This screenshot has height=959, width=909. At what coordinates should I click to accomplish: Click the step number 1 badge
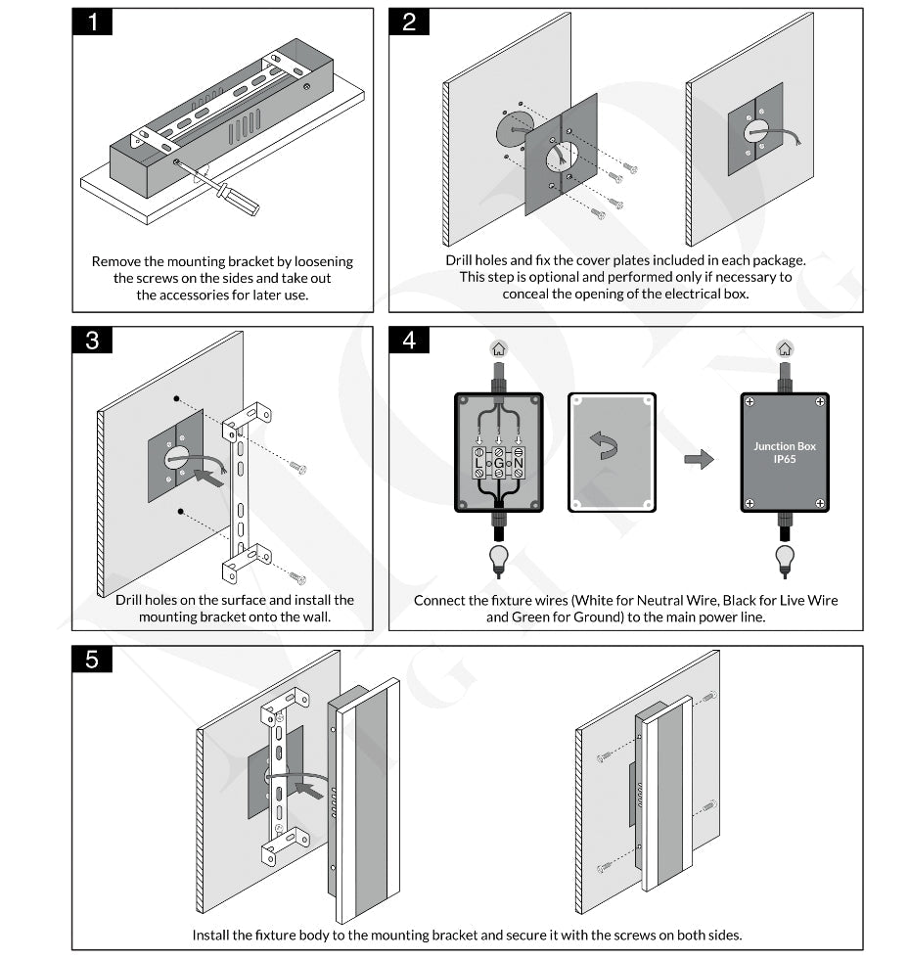pyautogui.click(x=93, y=22)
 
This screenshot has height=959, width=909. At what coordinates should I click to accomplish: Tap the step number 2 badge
pyautogui.click(x=409, y=22)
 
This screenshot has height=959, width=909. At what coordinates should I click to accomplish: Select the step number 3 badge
pyautogui.click(x=93, y=340)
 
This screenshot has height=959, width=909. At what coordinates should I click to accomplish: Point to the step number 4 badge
pyautogui.click(x=409, y=340)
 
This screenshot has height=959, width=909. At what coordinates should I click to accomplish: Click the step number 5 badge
pyautogui.click(x=93, y=660)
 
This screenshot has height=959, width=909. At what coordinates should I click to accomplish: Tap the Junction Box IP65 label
pyautogui.click(x=785, y=452)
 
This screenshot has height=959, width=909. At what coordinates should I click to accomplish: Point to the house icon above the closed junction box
pyautogui.click(x=785, y=348)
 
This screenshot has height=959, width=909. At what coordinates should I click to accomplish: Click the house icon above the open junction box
pyautogui.click(x=499, y=348)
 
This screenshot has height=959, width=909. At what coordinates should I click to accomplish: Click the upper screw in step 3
pyautogui.click(x=299, y=470)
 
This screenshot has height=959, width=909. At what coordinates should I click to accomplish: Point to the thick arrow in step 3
pyautogui.click(x=207, y=478)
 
